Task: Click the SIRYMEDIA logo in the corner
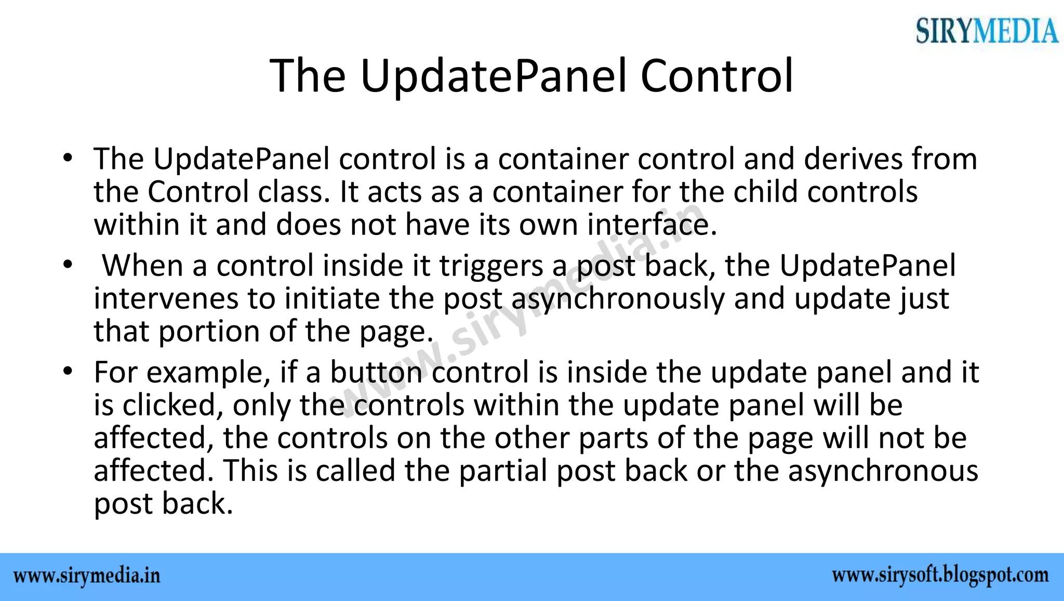[986, 31]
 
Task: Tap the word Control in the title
[717, 76]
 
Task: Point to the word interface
[652, 226]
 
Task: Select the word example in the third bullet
[207, 373]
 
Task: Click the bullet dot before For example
[66, 372]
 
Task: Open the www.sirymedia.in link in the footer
[87, 577]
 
